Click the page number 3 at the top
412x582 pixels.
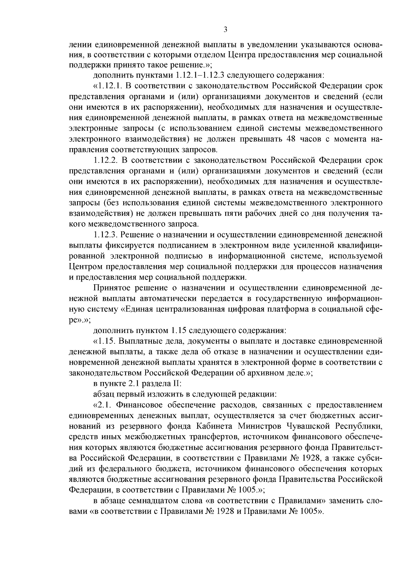pos(225,29)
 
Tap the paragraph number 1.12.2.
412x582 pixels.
pos(106,160)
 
